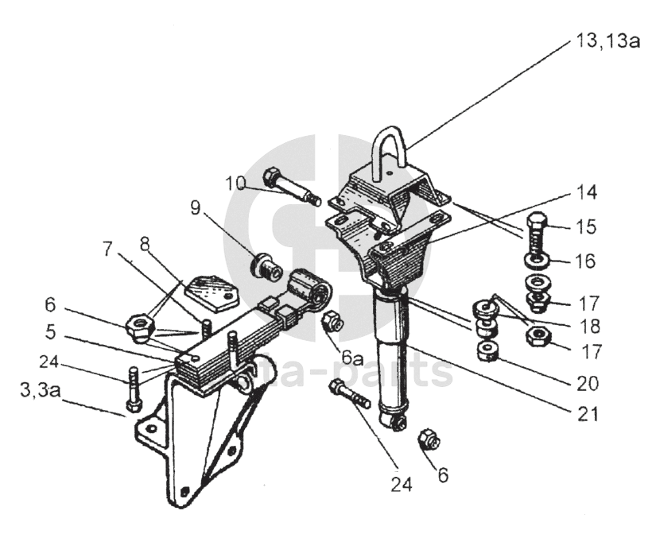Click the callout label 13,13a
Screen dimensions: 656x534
pyautogui.click(x=607, y=41)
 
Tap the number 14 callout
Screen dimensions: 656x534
pyautogui.click(x=586, y=193)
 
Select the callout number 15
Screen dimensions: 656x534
pyautogui.click(x=586, y=226)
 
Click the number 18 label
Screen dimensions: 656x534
pyautogui.click(x=589, y=326)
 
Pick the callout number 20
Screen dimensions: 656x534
pyautogui.click(x=587, y=383)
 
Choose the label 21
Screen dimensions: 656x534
pyautogui.click(x=587, y=414)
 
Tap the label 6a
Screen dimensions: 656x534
pyautogui.click(x=352, y=358)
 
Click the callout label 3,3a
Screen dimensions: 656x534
pyautogui.click(x=41, y=391)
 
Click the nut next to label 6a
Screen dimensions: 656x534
pyautogui.click(x=332, y=321)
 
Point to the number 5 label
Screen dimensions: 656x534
pyautogui.click(x=51, y=332)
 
